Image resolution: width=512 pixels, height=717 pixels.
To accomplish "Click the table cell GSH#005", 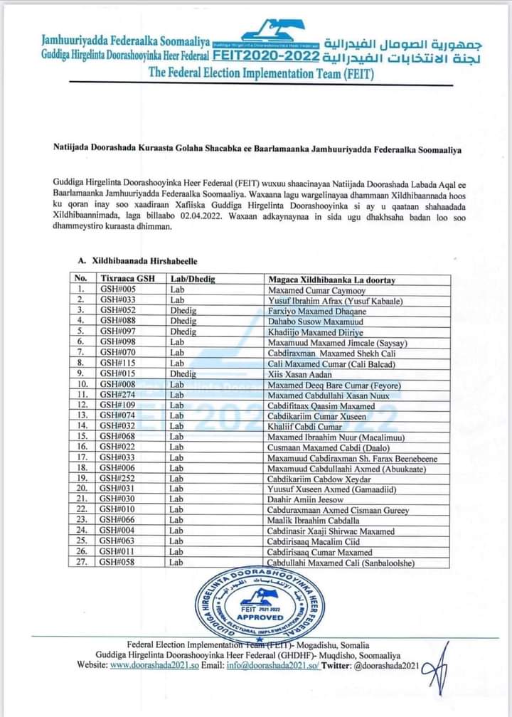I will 117,290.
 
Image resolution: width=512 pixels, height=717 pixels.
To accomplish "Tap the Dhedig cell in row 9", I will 183,374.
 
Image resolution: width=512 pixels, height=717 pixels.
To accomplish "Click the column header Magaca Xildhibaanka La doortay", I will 331,280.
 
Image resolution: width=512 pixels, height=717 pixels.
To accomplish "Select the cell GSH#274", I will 117,395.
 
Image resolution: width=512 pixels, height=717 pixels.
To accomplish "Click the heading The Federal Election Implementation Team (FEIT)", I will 261,72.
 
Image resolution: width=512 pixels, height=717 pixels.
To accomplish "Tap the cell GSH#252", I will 117,479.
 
